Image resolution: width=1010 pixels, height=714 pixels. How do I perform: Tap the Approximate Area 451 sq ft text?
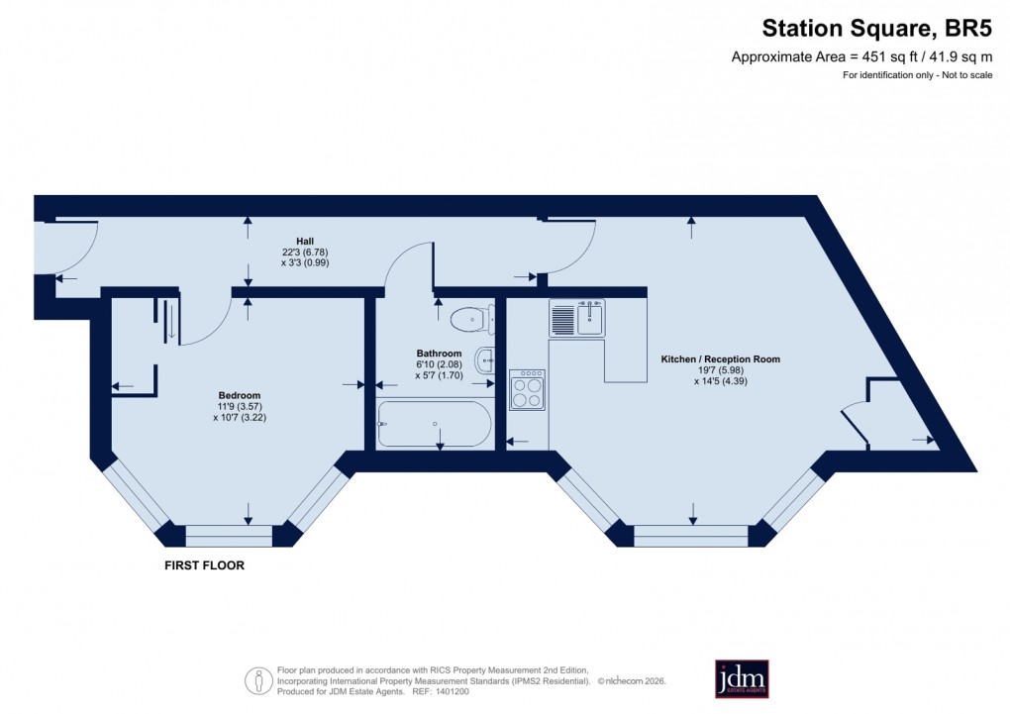tap(860, 56)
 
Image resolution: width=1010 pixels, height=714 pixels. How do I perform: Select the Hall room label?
tap(305, 241)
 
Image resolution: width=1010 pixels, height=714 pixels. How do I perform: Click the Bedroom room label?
tap(240, 395)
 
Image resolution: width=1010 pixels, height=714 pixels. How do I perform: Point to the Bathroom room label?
tap(439, 354)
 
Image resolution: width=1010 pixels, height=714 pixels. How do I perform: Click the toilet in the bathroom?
tap(468, 318)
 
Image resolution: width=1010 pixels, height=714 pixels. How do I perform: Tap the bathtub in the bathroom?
tap(435, 424)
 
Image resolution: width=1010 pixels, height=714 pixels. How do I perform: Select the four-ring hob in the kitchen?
tap(527, 389)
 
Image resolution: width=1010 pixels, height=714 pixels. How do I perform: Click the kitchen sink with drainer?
tap(576, 318)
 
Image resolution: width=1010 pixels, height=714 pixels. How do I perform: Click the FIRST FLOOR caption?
tap(204, 566)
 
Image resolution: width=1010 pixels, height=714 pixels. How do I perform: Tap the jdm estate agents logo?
tap(742, 678)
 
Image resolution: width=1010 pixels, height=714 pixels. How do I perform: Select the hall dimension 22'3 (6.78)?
tap(305, 252)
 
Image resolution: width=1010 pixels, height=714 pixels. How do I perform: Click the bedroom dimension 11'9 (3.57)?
tap(240, 406)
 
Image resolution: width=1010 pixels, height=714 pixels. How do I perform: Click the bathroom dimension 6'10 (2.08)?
tap(439, 364)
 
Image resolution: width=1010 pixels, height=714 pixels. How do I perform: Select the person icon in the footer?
tap(258, 680)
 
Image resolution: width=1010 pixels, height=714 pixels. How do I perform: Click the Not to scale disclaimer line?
tap(917, 75)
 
